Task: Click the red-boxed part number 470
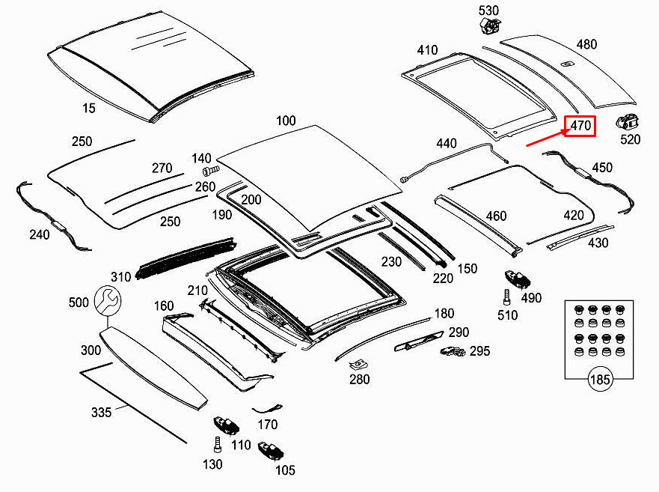[580, 126]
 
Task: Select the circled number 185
[600, 380]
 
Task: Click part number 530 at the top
[488, 10]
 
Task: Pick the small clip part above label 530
[489, 26]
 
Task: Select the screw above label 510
[506, 294]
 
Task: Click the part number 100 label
[286, 121]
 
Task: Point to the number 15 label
[88, 109]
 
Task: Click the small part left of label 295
[452, 350]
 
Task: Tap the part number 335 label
[101, 412]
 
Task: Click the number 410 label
[427, 50]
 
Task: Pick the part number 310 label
[121, 277]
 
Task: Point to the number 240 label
[40, 234]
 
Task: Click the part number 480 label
[586, 44]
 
